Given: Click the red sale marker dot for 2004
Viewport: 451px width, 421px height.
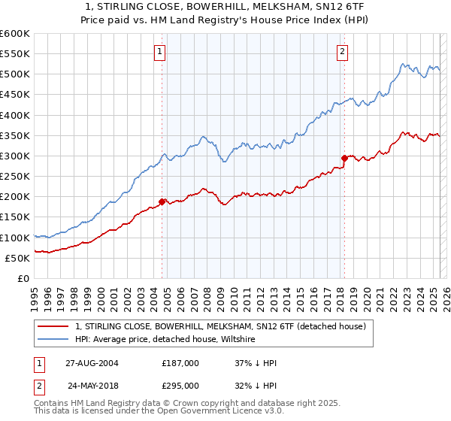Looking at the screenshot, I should (x=162, y=201).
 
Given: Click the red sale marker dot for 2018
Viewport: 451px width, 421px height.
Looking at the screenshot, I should (x=344, y=158).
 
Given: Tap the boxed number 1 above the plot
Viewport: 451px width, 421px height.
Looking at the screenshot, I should (x=161, y=52).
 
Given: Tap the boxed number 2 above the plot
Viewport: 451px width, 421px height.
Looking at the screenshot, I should (x=342, y=52).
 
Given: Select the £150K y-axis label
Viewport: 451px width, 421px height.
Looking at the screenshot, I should (x=15, y=217).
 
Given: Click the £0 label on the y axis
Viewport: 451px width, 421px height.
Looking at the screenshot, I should (x=23, y=278).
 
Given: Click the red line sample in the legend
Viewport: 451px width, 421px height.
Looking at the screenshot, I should (x=53, y=326).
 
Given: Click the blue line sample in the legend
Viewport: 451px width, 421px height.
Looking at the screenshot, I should (x=53, y=340).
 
